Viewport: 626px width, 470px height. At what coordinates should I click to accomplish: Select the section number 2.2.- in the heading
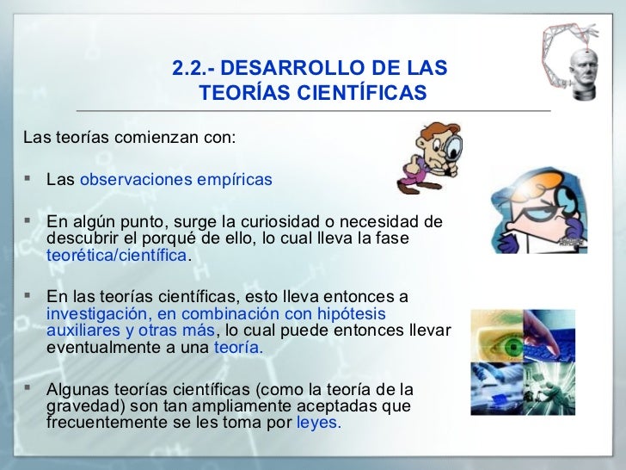193,67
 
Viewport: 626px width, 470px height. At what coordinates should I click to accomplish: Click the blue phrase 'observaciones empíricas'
175,180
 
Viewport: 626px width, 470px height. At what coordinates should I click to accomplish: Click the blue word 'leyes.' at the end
318,423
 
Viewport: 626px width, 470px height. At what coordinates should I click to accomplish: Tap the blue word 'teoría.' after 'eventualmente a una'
238,348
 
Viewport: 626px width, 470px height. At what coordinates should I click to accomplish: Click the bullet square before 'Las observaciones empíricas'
29,180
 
